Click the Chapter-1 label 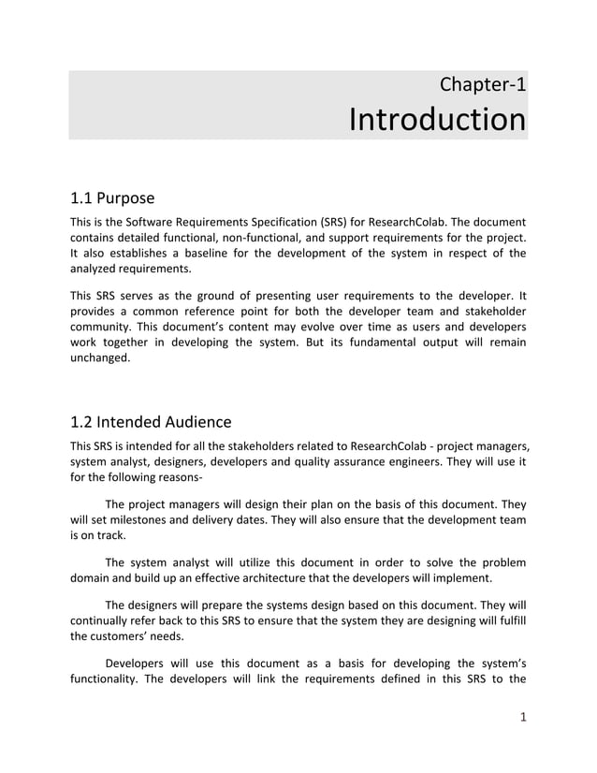click(482, 84)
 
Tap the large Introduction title click(436, 121)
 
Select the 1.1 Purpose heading click(112, 198)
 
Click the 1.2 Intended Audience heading click(151, 422)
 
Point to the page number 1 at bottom click(521, 718)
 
